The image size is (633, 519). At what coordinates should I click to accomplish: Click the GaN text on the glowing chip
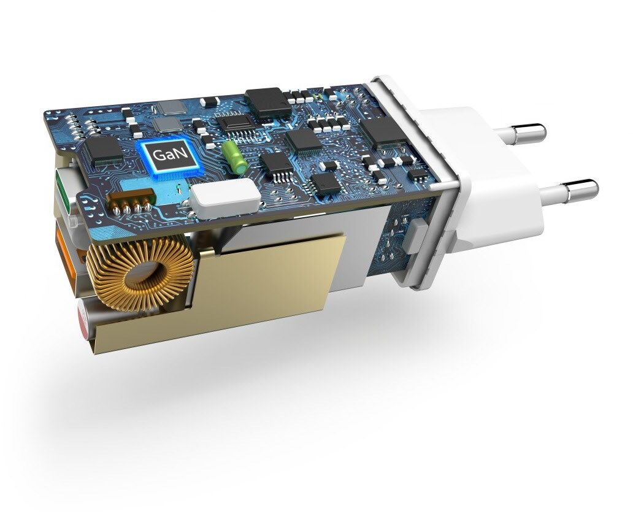[x=166, y=155]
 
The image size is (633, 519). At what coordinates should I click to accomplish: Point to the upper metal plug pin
[x=520, y=133]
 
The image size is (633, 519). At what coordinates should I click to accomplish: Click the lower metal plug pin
[x=569, y=192]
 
